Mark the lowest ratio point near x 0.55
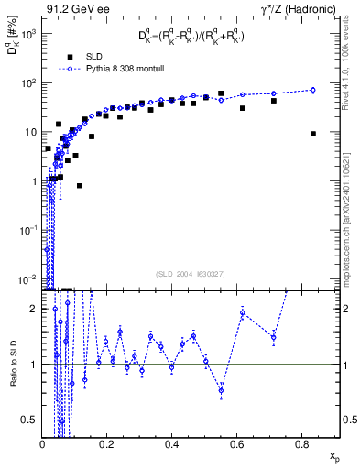[x=221, y=390]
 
